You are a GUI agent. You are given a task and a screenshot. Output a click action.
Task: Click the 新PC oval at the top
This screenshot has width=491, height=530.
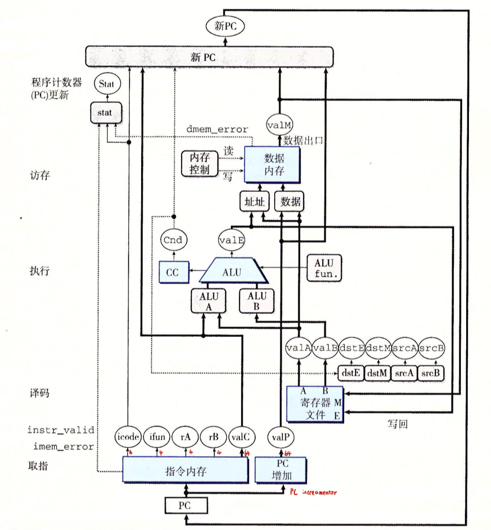tap(225, 26)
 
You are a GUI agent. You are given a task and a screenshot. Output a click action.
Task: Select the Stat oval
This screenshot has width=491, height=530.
tap(107, 84)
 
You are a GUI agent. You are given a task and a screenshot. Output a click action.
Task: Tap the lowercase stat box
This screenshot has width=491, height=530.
tap(106, 113)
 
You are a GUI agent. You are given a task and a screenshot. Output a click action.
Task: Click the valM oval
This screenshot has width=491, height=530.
tap(279, 125)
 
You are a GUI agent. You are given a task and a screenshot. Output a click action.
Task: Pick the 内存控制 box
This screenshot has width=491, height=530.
tap(200, 164)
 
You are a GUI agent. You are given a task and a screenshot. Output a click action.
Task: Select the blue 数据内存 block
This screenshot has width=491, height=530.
tap(272, 165)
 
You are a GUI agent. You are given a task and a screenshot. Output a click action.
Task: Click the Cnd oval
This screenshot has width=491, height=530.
tap(173, 240)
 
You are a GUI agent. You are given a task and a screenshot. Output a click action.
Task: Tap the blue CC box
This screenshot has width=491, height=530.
tap(174, 272)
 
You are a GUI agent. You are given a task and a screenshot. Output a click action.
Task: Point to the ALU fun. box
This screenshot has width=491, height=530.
tap(324, 268)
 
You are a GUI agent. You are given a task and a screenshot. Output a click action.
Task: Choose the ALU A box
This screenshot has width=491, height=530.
tap(208, 301)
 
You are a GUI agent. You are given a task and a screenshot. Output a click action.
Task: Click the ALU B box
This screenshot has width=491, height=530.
tap(256, 301)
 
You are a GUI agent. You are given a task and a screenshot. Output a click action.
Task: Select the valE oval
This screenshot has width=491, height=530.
tap(232, 240)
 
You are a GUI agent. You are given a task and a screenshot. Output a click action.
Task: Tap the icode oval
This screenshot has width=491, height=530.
tap(128, 437)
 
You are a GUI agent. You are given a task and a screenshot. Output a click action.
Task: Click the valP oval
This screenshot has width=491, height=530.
tap(280, 437)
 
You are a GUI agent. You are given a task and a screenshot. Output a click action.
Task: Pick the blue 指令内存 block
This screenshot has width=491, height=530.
tap(185, 470)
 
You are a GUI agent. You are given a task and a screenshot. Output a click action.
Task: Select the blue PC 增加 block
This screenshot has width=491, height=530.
tap(280, 470)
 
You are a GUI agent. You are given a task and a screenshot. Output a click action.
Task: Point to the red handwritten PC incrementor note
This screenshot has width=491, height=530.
tap(313, 492)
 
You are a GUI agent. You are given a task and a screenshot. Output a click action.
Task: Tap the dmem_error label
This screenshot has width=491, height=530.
tap(217, 129)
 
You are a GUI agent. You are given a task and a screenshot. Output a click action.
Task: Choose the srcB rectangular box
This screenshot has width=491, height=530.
tap(431, 373)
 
